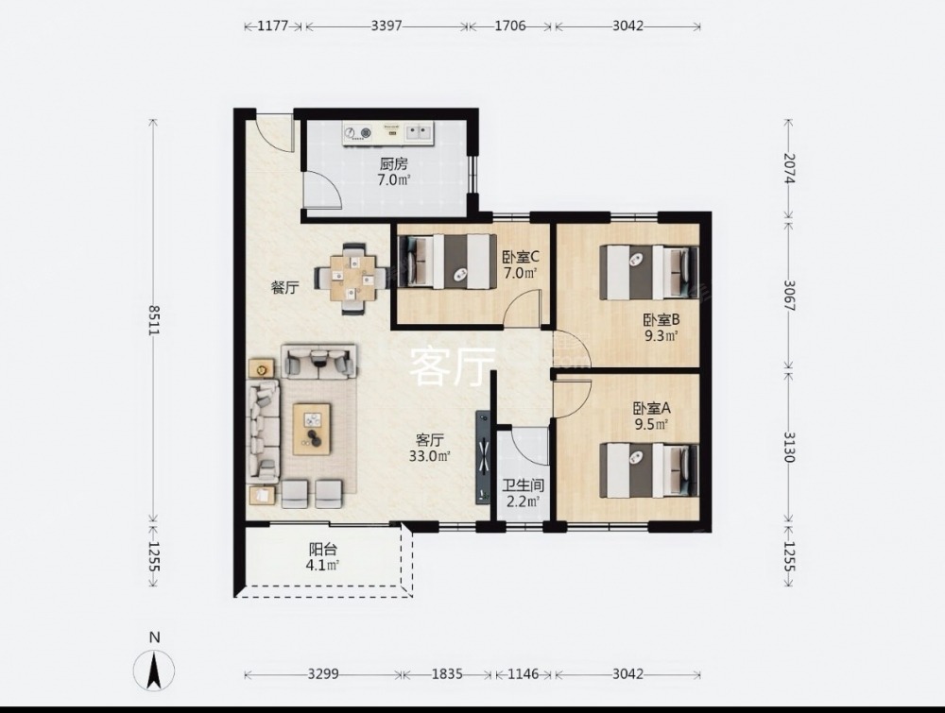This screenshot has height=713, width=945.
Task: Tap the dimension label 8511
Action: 154,320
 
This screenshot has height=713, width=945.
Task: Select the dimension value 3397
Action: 387,25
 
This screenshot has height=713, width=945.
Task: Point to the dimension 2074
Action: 789,169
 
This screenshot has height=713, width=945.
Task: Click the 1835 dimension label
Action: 447,674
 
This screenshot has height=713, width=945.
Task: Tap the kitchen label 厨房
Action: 393,163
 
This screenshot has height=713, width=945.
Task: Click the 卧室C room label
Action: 521,258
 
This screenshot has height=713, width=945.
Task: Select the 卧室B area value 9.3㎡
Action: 661,335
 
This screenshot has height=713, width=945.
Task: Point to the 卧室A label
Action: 651,408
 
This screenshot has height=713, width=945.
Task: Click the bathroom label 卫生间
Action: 523,485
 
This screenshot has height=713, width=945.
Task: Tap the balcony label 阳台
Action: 322,550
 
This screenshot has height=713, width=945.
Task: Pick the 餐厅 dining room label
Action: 284,288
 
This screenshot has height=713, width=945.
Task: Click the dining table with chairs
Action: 352,279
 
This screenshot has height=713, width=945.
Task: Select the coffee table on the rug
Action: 312,429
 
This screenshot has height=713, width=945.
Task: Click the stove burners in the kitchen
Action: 357,132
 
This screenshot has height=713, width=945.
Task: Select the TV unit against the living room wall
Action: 484,457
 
